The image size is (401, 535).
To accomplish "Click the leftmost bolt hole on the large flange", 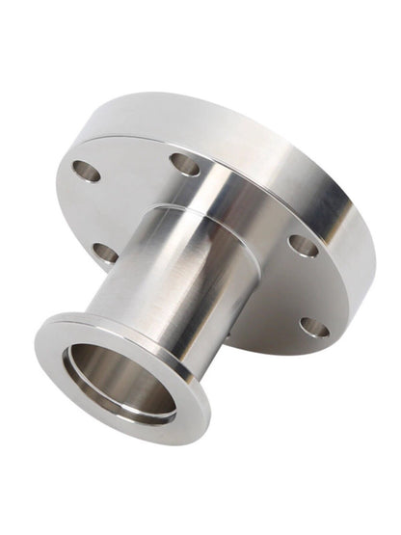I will (x=86, y=171).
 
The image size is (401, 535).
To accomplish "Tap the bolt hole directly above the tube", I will (x=184, y=164).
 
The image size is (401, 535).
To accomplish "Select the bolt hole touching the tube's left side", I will (x=105, y=254).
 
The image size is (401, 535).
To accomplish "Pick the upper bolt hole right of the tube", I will (x=303, y=246).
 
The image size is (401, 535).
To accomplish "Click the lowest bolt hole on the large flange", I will (x=313, y=328).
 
